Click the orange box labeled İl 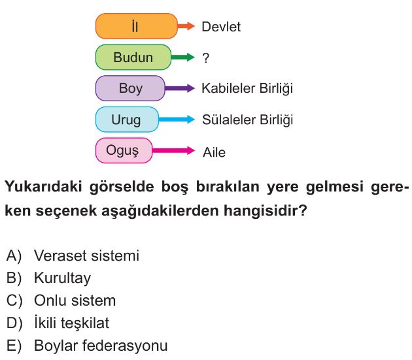137,26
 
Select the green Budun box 133,57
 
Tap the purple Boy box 130,88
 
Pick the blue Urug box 127,119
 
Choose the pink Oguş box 124,150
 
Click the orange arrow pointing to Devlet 186,26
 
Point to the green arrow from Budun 183,57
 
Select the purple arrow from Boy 180,88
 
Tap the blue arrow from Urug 177,119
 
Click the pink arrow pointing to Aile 173,150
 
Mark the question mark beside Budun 206,57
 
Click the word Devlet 221,27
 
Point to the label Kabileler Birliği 247,88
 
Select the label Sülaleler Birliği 247,120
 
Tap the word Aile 214,152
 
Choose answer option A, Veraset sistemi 73,255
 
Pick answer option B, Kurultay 48,278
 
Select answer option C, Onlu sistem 61,301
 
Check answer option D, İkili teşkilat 58,323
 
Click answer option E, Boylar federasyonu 87,346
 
